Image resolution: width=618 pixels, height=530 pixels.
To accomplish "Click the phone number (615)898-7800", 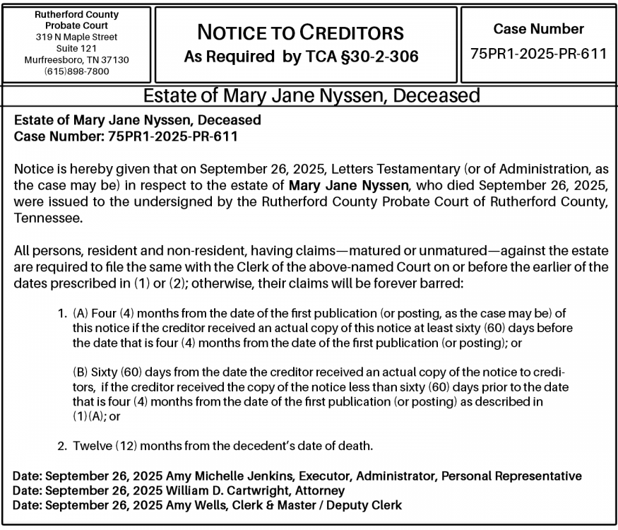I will click(x=76, y=71).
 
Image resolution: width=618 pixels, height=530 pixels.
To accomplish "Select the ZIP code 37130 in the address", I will click(x=115, y=60).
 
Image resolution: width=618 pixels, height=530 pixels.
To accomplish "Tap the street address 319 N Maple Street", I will click(x=76, y=37).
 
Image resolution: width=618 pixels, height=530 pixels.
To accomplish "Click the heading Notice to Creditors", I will click(x=301, y=32).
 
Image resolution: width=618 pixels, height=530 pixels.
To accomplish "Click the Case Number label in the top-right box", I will click(x=538, y=29).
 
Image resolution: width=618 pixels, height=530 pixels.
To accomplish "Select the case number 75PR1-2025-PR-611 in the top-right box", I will click(x=538, y=54).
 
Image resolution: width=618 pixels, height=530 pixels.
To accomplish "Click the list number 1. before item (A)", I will click(x=62, y=313).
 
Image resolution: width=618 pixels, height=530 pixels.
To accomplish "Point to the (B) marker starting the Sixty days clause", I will click(x=81, y=372).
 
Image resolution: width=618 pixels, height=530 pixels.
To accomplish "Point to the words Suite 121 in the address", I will click(x=76, y=49).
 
